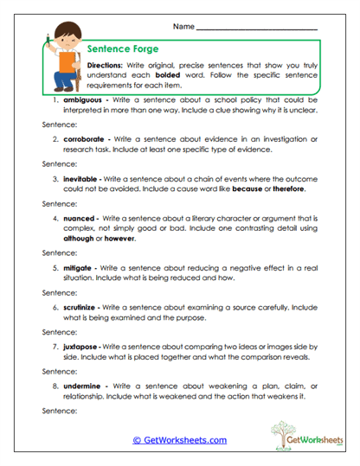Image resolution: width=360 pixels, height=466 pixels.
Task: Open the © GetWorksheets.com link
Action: point(180,439)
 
